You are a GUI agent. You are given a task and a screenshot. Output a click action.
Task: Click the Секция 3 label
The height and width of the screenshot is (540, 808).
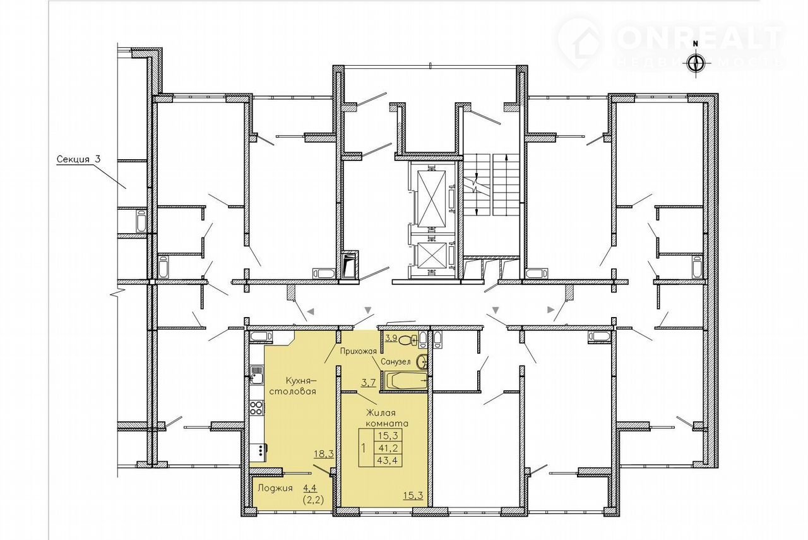pos(79,160)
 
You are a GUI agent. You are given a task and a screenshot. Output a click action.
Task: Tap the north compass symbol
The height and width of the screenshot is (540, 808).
pos(696,63)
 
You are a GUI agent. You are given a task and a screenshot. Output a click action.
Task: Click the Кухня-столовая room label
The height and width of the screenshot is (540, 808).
pos(300,386)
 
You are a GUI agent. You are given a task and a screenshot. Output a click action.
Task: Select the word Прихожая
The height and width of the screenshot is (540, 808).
pos(359,351)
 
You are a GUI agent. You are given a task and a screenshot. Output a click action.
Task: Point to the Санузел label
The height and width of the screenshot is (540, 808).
pos(396,362)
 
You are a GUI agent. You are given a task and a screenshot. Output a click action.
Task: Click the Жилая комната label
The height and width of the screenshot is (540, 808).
pos(387,418)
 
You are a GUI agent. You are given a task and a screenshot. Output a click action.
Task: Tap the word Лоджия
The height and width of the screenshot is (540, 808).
pos(275,488)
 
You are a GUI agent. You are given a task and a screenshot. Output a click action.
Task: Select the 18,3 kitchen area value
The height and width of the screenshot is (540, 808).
pos(324,454)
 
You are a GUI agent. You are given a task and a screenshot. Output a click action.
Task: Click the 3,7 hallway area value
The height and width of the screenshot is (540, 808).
pos(368,383)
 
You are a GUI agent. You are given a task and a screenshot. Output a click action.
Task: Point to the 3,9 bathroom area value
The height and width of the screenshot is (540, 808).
pos(391,339)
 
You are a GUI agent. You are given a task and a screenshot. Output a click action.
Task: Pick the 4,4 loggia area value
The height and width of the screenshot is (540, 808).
pos(309,488)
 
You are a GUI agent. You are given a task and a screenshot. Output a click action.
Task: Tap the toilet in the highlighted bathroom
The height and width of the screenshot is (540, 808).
pos(408,340)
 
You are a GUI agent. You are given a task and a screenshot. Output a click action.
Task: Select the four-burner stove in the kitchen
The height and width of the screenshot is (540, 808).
pos(256,409)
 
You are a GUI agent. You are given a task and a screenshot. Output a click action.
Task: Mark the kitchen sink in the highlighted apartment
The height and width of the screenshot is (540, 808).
pos(256,375)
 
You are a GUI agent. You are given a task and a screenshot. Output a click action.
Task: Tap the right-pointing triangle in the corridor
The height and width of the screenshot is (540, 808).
pos(551,309)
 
